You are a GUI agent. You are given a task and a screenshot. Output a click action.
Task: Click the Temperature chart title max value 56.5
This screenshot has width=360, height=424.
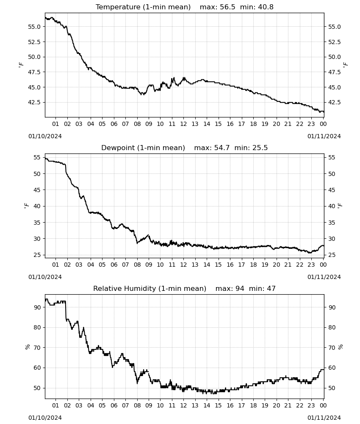tap(227, 7)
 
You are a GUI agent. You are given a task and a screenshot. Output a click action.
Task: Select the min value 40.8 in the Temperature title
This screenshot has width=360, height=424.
tap(266, 7)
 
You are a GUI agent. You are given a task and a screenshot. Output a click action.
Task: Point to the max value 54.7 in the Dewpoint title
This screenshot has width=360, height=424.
tap(222, 148)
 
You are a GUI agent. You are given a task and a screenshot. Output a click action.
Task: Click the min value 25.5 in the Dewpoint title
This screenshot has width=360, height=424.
tap(260, 148)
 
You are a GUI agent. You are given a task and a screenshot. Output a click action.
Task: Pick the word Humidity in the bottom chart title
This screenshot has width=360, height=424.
tap(141, 288)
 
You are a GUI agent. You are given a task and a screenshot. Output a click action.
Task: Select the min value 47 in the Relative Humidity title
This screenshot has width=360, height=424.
tap(271, 288)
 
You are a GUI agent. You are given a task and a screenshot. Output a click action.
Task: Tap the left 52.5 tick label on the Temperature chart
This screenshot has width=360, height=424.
tap(34, 42)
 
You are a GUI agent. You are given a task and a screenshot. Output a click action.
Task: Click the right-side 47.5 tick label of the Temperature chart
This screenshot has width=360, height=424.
tap(334, 72)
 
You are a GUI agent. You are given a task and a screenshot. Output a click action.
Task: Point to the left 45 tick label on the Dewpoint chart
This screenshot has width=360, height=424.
tap(37, 190)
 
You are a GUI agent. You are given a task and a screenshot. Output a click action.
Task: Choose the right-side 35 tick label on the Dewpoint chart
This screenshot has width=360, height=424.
tap(332, 223)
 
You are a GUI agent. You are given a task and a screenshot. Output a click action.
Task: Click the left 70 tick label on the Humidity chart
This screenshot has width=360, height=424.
tap(37, 348)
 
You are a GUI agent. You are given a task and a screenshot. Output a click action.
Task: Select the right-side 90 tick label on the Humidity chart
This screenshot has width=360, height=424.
tap(332, 307)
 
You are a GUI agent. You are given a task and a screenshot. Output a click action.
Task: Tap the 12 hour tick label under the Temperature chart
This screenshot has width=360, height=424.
tap(183, 124)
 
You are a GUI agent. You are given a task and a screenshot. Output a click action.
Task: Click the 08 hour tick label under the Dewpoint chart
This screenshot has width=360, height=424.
tap(137, 265)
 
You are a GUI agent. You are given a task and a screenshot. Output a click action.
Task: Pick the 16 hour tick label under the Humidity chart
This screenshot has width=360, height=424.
tap(230, 405)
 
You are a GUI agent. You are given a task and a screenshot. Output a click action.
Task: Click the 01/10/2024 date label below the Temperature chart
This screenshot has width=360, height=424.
tap(45, 136)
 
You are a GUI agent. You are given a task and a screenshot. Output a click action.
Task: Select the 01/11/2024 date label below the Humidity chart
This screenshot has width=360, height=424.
tap(324, 418)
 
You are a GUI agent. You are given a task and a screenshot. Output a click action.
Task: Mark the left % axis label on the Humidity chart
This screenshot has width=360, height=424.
tap(27, 347)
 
